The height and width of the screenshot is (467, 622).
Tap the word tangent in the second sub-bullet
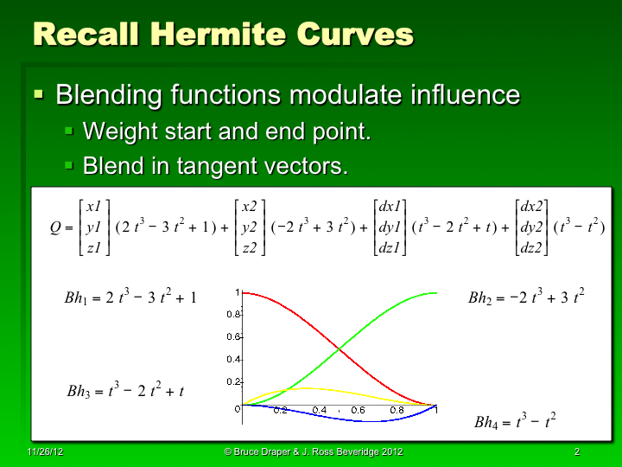pyautogui.click(x=222, y=165)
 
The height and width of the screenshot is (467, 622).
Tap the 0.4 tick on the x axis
pyautogui.click(x=319, y=410)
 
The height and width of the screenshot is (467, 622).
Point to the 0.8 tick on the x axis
pyautogui.click(x=397, y=410)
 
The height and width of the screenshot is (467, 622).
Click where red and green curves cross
pyautogui.click(x=340, y=349)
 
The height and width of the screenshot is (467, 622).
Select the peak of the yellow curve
pyautogui.click(x=308, y=388)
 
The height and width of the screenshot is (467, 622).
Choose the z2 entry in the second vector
pyautogui.click(x=249, y=249)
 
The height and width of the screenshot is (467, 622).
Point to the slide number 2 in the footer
pyautogui.click(x=576, y=452)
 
